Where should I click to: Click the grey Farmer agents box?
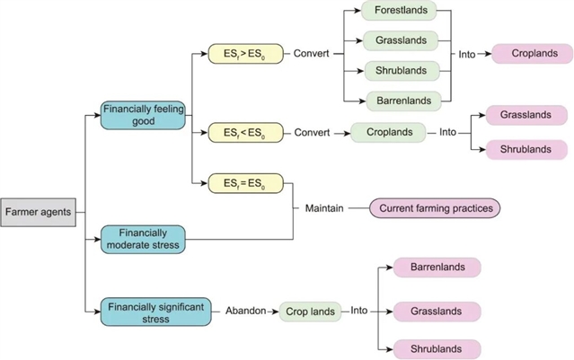pos(38,212)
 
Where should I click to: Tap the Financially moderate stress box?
pos(143,238)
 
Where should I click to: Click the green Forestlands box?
pos(400,12)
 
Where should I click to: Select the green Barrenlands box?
pos(400,99)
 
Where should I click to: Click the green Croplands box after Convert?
pos(388,132)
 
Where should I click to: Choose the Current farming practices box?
pos(435,208)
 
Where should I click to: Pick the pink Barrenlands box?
pos(437,268)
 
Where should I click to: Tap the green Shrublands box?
pos(400,70)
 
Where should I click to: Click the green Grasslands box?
pos(400,40)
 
